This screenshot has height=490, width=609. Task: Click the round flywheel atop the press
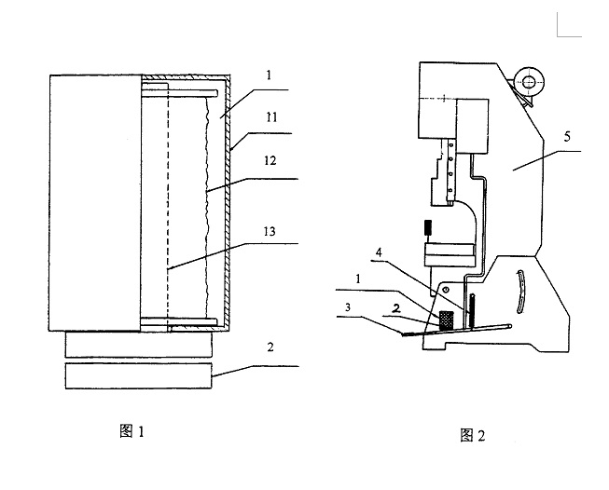click(529, 83)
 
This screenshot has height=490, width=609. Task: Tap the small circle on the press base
click(447, 291)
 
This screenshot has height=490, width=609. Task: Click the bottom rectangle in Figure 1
click(139, 377)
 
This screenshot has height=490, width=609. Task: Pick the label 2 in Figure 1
click(271, 348)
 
